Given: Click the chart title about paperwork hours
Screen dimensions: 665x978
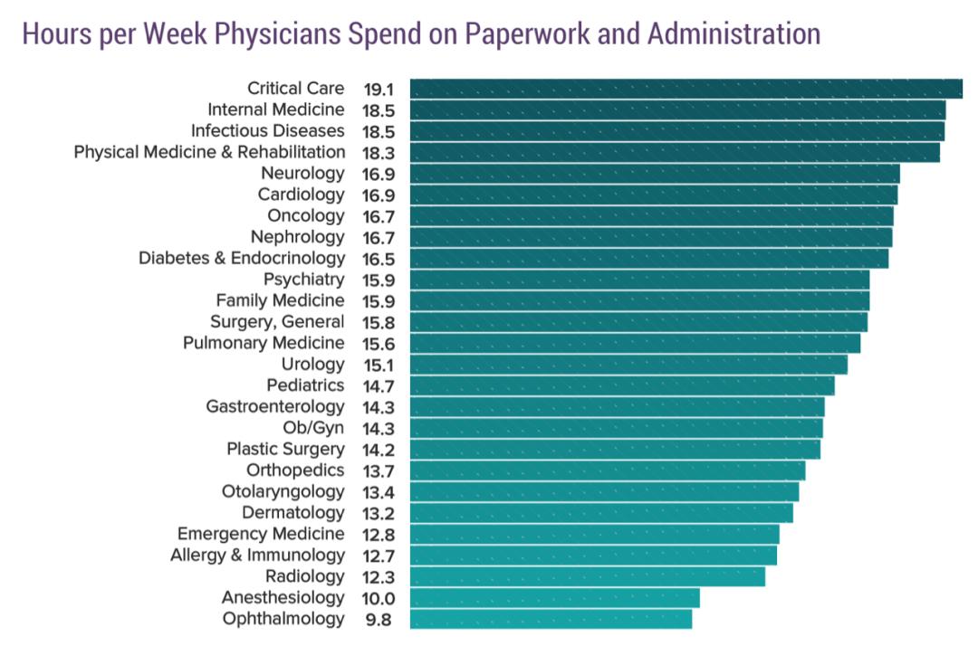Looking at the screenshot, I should (420, 34).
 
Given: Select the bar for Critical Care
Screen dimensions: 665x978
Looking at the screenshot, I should (686, 89).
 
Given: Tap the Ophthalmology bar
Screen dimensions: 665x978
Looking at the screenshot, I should (551, 619).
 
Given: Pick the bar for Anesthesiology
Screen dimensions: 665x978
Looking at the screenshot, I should (554, 598).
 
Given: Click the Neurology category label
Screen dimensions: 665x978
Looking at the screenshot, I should (302, 173).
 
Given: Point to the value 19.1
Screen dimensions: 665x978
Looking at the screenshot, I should (378, 89).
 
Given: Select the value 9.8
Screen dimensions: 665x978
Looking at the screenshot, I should (379, 619).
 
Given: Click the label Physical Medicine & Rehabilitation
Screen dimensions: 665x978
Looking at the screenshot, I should (209, 152).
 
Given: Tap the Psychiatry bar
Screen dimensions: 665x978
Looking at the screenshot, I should (639, 280).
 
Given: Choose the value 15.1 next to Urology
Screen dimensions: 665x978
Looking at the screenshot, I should (378, 365).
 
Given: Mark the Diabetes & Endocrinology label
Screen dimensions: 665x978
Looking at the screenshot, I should (242, 258).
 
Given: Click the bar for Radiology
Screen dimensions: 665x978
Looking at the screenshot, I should (587, 576).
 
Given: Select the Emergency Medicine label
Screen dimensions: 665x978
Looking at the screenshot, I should (261, 534).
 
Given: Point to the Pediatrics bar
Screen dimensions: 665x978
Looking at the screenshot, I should (622, 385).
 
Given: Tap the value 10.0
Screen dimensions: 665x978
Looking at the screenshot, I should (378, 598).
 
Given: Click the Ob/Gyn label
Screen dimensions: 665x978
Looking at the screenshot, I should (313, 428).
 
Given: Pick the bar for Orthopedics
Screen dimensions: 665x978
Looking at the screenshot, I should (607, 470).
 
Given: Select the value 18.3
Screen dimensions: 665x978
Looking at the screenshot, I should (378, 152).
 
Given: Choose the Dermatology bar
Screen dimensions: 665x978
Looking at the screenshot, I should (601, 513).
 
